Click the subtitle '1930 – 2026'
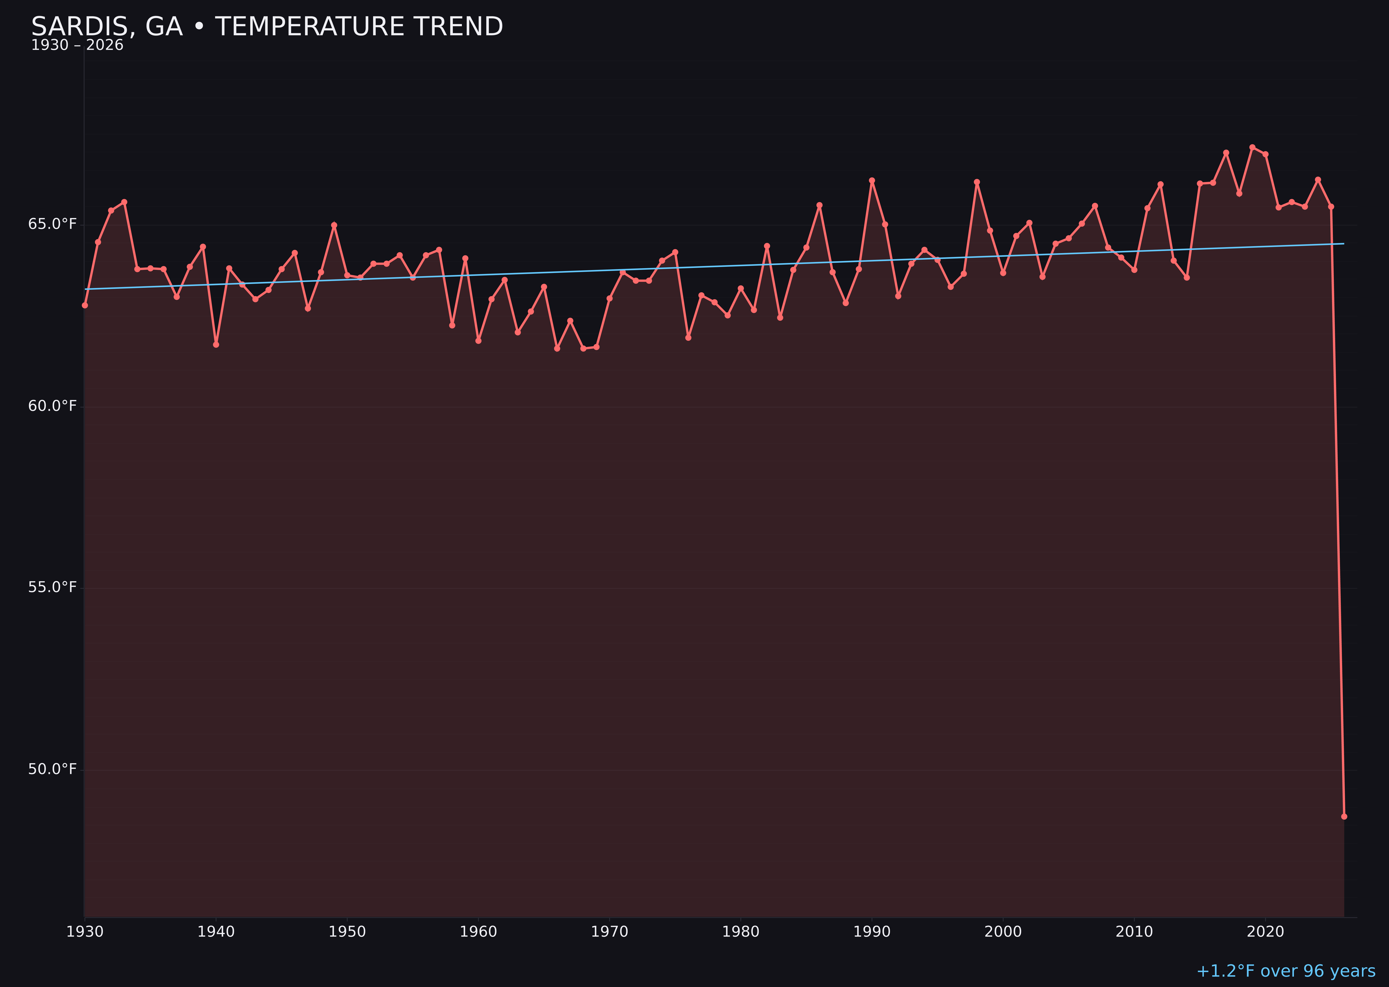[77, 45]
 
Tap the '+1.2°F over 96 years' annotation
[1285, 971]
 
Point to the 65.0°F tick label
[52, 224]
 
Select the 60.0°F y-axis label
[52, 406]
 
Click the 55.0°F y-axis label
[52, 587]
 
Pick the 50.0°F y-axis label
[52, 769]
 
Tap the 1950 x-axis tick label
[347, 932]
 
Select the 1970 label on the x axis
[609, 932]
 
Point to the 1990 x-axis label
[872, 932]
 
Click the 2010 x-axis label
[1134, 932]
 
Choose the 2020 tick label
[1265, 932]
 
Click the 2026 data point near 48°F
[1344, 816]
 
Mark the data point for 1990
[872, 180]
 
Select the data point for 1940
[216, 345]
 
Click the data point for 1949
[334, 225]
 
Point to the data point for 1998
[977, 182]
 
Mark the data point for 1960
[479, 341]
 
